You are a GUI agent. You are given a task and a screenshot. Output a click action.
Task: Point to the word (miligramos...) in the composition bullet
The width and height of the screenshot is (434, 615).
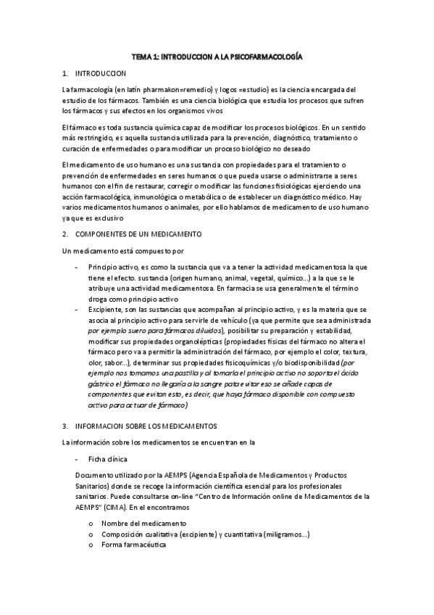coord(287,534)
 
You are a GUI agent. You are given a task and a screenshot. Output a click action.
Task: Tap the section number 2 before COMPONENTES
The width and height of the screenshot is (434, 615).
coord(65,234)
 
